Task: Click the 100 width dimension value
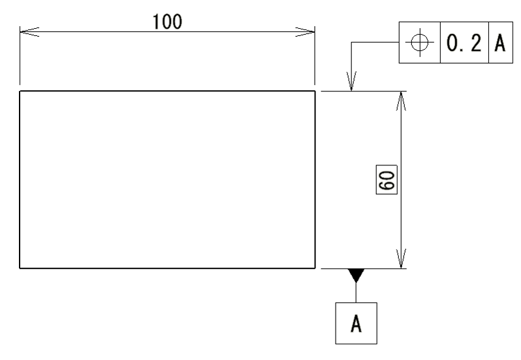point(168,21)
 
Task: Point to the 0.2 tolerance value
point(464,43)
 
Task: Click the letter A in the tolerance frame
point(499,43)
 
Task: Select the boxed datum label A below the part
point(356,323)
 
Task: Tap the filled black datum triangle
point(355,274)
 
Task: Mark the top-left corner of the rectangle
point(20,91)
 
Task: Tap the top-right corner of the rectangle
point(315,91)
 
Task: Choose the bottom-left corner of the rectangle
point(20,268)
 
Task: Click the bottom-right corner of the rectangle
point(315,268)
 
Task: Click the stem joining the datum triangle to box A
point(355,293)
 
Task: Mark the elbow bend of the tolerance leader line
point(352,43)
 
